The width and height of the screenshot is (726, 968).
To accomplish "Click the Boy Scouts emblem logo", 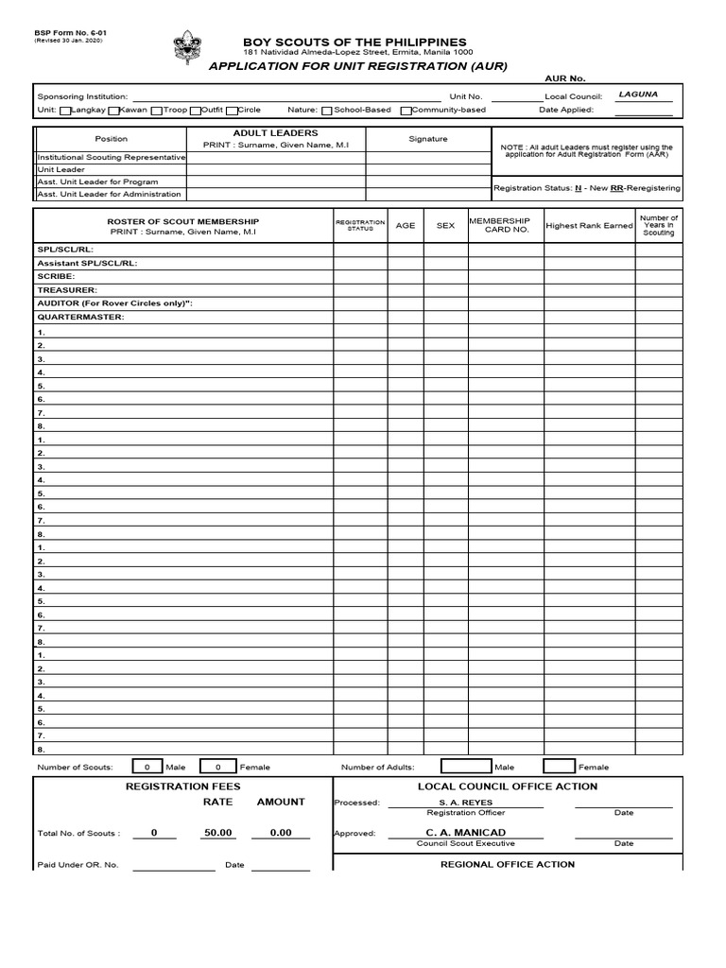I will [x=187, y=48].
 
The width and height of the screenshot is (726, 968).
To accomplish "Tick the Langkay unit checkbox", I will [x=64, y=111].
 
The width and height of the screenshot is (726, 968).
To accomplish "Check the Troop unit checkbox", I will [x=156, y=111].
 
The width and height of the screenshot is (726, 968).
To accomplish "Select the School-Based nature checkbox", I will [x=326, y=111].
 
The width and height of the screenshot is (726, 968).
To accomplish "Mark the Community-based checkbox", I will [x=405, y=111].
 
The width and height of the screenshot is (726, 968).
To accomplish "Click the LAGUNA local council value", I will [x=638, y=95].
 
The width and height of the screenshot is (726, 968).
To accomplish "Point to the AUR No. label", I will [x=565, y=78].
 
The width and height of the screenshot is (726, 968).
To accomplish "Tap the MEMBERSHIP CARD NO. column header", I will [x=506, y=225].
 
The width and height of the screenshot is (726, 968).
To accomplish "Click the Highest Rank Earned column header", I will [x=589, y=226].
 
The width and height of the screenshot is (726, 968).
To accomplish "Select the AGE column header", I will [x=406, y=226].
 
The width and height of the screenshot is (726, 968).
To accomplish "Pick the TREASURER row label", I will [x=67, y=290].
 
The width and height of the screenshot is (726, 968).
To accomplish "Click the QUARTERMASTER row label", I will [x=80, y=318].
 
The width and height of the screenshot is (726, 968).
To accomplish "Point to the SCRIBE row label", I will [x=56, y=276].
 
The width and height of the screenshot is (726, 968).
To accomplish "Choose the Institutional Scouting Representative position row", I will [x=111, y=157].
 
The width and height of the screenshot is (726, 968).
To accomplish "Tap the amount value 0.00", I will [x=281, y=833].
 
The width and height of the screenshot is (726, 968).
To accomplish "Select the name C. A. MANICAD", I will [x=465, y=833].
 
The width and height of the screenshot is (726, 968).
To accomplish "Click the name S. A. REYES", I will [x=465, y=803].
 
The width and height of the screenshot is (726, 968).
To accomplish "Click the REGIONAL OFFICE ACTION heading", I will [x=508, y=864].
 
